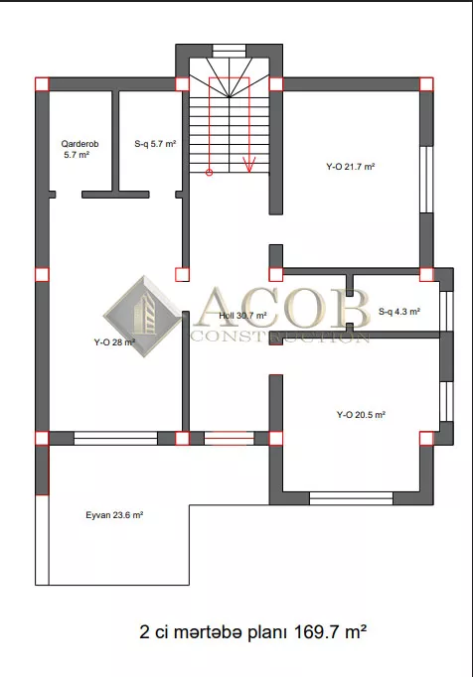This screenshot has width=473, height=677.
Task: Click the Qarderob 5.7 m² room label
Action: tap(79, 149)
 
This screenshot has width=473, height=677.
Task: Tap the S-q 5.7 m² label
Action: tap(155, 144)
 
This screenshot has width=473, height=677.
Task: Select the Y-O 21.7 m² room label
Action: tap(350, 166)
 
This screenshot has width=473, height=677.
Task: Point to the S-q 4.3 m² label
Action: tap(399, 312)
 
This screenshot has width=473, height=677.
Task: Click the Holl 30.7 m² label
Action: tap(242, 316)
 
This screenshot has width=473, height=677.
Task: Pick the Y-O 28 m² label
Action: tap(114, 342)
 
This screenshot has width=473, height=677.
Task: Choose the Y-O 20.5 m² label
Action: tap(361, 415)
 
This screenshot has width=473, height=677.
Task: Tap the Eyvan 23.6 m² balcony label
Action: tap(114, 515)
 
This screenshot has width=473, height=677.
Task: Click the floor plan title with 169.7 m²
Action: tap(253, 632)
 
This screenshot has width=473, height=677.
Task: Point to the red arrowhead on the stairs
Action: tap(249, 165)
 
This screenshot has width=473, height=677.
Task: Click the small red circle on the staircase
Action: tap(209, 173)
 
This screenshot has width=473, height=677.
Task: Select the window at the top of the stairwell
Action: tap(230, 51)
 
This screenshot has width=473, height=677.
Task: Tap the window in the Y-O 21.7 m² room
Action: tap(426, 180)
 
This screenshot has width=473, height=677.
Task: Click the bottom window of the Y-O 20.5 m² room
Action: tap(351, 498)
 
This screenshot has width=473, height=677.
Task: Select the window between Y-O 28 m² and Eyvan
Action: tap(115, 438)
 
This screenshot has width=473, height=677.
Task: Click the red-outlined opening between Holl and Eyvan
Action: tap(229, 438)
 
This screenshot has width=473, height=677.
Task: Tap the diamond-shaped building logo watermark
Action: tap(143, 318)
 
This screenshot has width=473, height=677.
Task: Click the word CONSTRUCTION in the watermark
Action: tap(280, 337)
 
